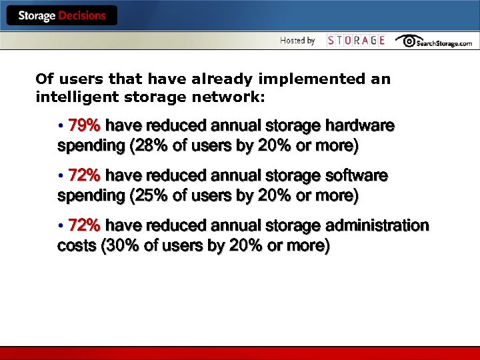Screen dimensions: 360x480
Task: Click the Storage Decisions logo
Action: (62, 15)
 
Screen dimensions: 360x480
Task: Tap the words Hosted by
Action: (297, 41)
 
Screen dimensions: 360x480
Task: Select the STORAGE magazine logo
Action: (356, 41)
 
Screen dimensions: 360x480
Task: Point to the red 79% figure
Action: (84, 126)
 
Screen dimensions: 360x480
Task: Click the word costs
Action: (77, 246)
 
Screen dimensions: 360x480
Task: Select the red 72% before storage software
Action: (84, 176)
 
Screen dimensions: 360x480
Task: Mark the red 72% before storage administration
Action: (84, 226)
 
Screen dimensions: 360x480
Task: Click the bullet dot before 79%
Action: (61, 126)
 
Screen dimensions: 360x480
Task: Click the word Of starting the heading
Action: (45, 79)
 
